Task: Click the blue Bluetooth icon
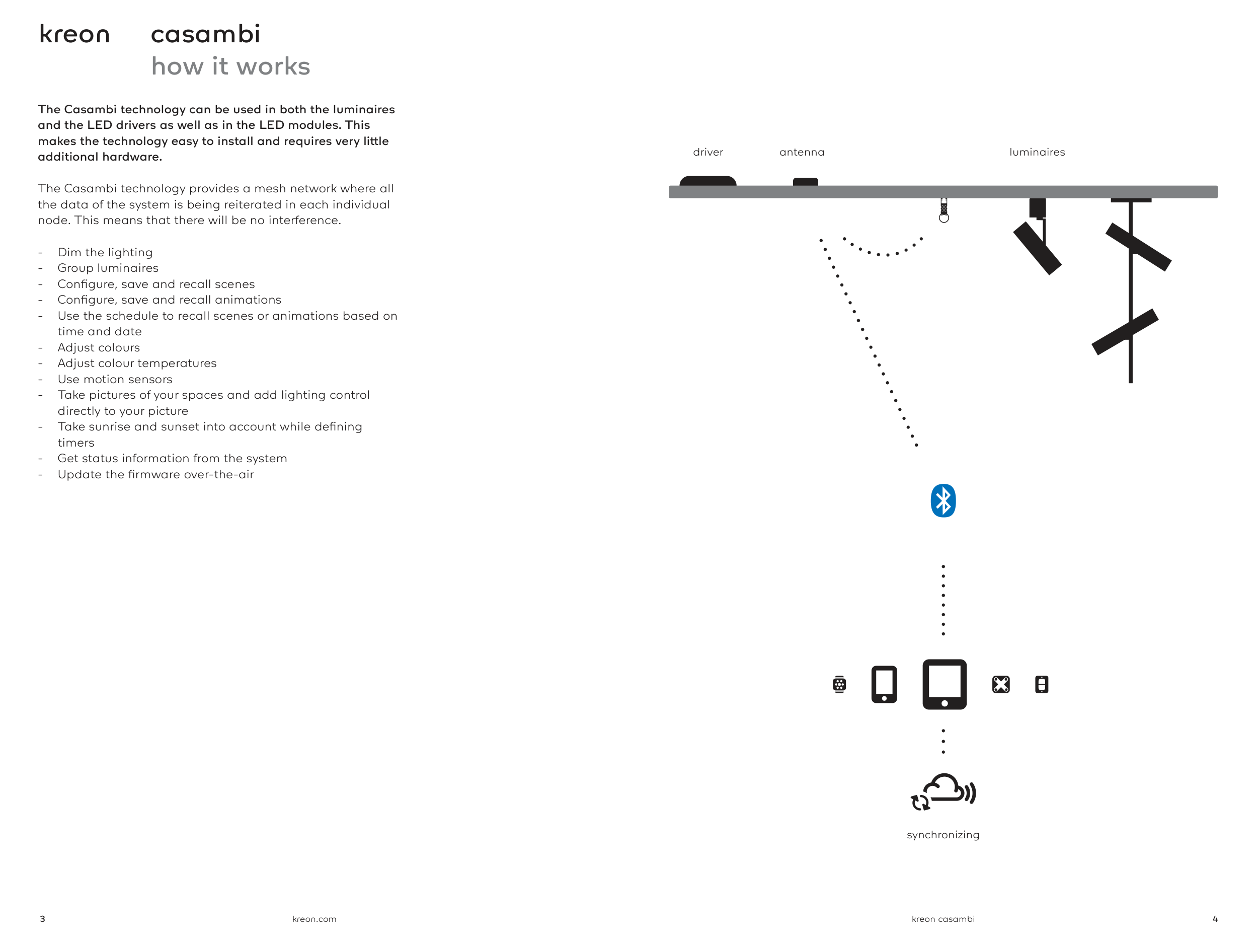(x=943, y=501)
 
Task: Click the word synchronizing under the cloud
(x=943, y=835)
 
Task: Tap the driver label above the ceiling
(x=707, y=152)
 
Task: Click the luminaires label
(x=1037, y=152)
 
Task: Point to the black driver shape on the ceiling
(x=707, y=181)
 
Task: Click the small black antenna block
(x=805, y=182)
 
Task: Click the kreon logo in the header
(x=74, y=34)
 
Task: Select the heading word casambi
(x=205, y=34)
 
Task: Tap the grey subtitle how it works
(x=230, y=66)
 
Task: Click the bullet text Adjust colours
(x=99, y=347)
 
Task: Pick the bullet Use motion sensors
(x=115, y=379)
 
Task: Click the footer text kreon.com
(x=314, y=919)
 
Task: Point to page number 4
(x=1215, y=919)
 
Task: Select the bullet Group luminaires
(x=108, y=268)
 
